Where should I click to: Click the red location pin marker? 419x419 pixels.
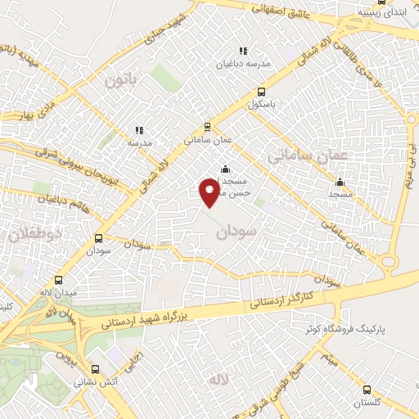(x=210, y=193)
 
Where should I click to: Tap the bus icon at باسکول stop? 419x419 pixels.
(x=261, y=92)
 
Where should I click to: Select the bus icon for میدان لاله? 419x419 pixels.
(x=56, y=280)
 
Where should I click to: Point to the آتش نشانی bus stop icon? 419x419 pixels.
(x=96, y=368)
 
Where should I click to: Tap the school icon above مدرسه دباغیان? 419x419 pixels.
(x=241, y=50)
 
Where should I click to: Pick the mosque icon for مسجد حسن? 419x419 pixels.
(x=225, y=169)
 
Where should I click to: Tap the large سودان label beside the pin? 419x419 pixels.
(x=237, y=233)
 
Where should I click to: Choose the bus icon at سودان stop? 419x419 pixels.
(x=98, y=239)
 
